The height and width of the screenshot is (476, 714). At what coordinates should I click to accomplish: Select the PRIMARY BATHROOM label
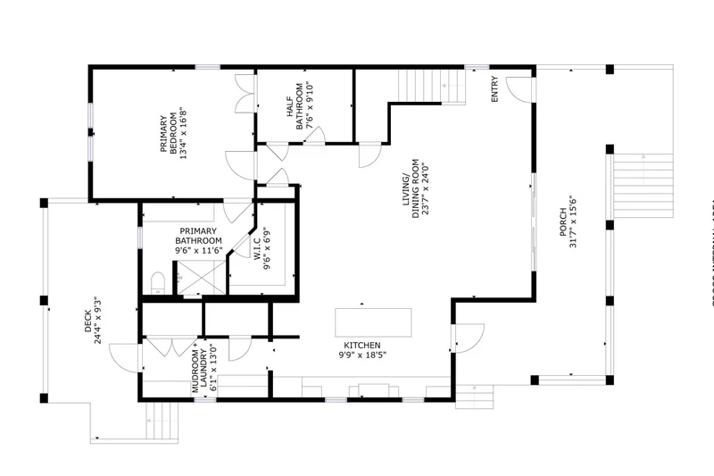(198, 235)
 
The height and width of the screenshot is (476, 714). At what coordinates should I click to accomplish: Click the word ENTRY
(495, 89)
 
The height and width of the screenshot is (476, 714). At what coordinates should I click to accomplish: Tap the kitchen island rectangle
(399, 321)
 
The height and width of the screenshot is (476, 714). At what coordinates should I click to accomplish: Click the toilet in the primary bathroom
(157, 284)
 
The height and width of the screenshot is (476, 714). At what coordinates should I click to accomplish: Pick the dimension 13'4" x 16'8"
(184, 135)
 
